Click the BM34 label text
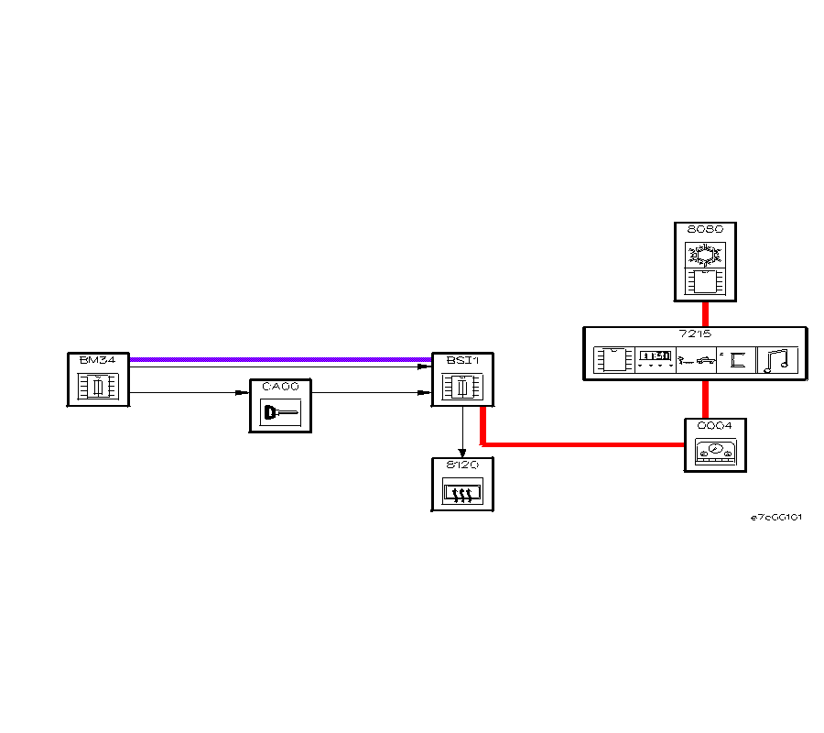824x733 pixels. click(x=98, y=360)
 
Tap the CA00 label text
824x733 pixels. click(x=280, y=387)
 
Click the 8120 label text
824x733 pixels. click(x=462, y=465)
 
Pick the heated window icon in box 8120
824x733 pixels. click(x=463, y=495)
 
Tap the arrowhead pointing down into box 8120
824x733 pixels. click(x=463, y=451)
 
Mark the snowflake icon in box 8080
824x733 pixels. click(x=705, y=253)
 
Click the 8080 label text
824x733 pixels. click(x=705, y=229)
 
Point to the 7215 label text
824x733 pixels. click(x=696, y=334)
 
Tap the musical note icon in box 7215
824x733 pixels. click(x=777, y=359)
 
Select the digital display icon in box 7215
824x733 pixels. click(x=655, y=358)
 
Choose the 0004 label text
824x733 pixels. click(x=715, y=425)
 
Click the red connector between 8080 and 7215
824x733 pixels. click(x=705, y=313)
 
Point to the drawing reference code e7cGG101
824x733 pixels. click(x=776, y=517)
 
